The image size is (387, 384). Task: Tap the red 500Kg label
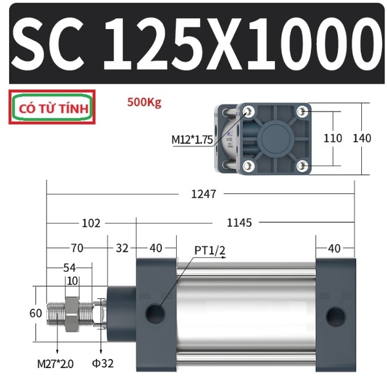tap(144, 102)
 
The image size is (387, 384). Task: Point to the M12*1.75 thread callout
tap(192, 140)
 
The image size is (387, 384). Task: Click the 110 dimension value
tap(332, 138)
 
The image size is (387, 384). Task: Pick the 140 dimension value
tap(362, 138)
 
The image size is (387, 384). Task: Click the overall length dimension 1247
tap(203, 194)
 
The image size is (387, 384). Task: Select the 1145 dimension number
tap(239, 223)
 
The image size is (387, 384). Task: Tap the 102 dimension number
tap(91, 224)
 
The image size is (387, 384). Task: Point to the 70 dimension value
tap(77, 248)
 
